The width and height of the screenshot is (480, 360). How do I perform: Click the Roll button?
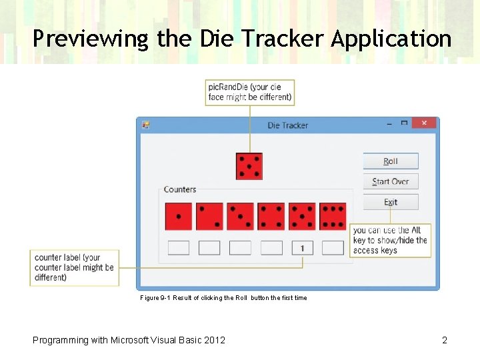pos(391,161)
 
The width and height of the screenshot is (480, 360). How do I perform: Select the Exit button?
pos(391,202)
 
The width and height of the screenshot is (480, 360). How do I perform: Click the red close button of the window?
pos(424,123)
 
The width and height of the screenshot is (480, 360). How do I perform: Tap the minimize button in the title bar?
pos(390,123)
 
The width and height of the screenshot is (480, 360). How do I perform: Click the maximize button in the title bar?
pos(404,123)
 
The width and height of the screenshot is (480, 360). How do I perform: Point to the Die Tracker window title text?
pos(288,125)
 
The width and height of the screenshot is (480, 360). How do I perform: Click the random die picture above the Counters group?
pos(249,166)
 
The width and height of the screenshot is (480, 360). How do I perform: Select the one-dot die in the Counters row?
pos(179,217)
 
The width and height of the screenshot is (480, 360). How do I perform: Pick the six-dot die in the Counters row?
pos(333,217)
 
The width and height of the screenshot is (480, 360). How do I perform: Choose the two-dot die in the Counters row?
pos(209,217)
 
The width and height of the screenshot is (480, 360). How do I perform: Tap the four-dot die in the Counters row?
pos(271,217)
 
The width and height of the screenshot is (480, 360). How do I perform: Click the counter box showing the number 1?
pos(302,248)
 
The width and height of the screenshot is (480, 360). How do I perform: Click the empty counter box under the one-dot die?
pos(179,248)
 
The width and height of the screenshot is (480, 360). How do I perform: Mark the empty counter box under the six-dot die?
pos(333,248)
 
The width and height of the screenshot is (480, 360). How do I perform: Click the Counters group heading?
pos(180,189)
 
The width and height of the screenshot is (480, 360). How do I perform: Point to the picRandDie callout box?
pos(250,92)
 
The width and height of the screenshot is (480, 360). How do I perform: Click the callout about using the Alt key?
pos(390,240)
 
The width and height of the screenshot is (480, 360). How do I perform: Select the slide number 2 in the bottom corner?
pos(445,340)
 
